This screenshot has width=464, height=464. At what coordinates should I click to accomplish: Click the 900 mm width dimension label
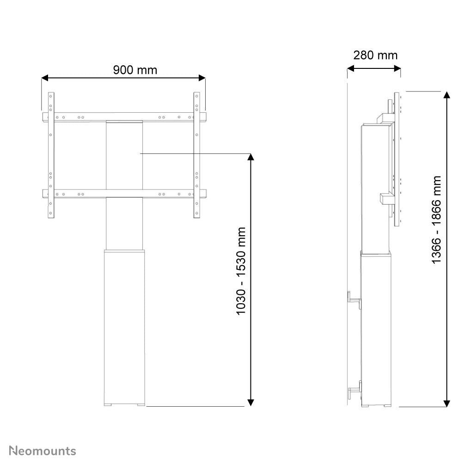(x=135, y=70)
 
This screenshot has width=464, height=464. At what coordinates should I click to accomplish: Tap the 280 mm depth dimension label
(x=375, y=55)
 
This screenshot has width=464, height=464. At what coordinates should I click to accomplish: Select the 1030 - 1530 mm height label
(x=241, y=271)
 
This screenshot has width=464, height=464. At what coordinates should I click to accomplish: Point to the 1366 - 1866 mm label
(x=436, y=220)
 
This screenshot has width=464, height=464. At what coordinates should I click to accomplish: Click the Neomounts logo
(x=43, y=451)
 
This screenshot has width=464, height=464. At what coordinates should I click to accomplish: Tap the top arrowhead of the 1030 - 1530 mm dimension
(x=251, y=157)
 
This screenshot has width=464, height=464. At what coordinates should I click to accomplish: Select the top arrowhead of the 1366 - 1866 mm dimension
(x=447, y=95)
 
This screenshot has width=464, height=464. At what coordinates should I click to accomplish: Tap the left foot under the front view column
(x=109, y=406)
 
